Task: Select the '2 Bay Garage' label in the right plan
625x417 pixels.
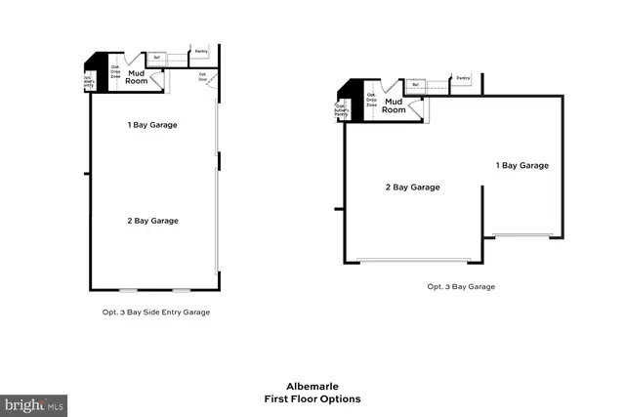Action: (x=412, y=187)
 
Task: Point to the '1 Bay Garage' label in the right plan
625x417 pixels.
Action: (x=522, y=166)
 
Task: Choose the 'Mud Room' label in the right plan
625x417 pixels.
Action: (x=394, y=105)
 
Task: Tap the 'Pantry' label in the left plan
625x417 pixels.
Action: (x=201, y=51)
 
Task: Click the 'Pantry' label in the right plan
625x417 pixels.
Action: (x=462, y=77)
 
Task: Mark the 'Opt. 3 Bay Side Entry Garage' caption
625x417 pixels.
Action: (x=157, y=313)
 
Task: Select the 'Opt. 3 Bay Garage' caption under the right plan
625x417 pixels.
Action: (x=461, y=287)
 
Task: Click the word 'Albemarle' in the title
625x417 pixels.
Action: (x=312, y=386)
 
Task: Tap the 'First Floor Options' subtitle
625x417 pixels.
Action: (x=312, y=398)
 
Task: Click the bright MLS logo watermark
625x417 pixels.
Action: (x=34, y=403)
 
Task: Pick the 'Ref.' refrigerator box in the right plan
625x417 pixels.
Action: (x=416, y=85)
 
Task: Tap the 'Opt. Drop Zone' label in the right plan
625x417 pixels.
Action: (x=371, y=100)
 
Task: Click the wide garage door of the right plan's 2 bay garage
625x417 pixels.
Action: (x=414, y=261)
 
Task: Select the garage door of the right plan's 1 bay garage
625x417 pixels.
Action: (x=522, y=235)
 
